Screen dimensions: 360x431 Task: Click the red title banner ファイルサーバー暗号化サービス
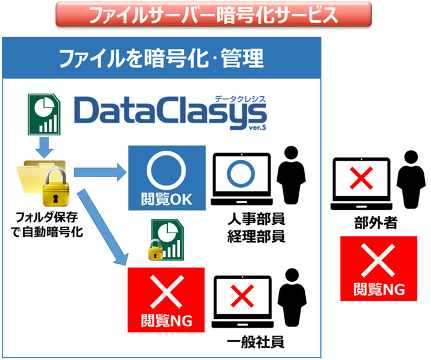[x=213, y=14]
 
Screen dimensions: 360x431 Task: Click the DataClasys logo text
[x=171, y=112]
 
